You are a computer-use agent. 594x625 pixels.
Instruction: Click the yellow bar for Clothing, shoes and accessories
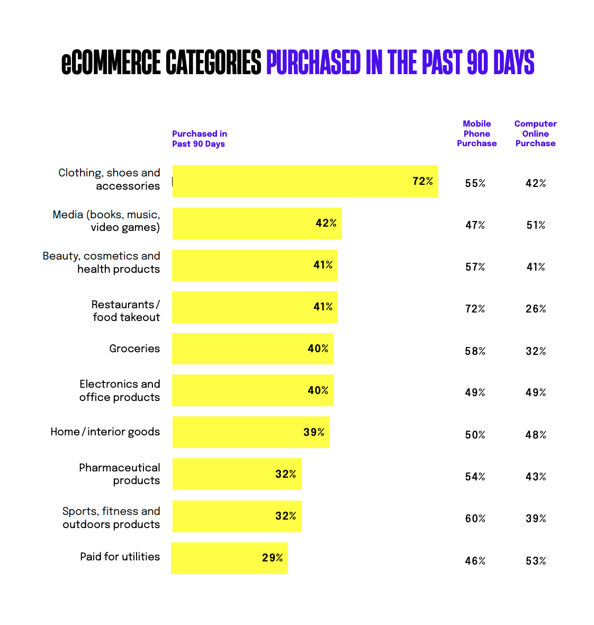click(305, 181)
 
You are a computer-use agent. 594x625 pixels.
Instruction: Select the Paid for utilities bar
click(229, 558)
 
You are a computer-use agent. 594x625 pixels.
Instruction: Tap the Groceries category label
click(134, 349)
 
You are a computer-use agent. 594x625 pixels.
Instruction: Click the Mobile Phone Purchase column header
click(476, 133)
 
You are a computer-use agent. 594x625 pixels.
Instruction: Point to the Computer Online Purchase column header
click(535, 133)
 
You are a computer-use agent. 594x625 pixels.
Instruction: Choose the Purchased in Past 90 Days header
click(200, 139)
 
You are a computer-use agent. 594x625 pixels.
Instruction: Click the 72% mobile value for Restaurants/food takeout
click(475, 309)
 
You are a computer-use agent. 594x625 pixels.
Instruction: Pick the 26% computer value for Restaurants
click(536, 309)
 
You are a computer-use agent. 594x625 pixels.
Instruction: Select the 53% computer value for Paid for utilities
click(536, 561)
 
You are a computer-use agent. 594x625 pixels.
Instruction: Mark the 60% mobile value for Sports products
click(475, 519)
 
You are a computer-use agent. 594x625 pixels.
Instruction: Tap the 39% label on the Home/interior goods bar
click(314, 432)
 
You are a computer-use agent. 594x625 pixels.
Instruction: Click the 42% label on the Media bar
click(326, 223)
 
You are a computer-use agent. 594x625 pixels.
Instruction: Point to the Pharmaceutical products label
click(120, 474)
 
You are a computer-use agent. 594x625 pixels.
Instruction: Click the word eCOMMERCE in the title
click(111, 63)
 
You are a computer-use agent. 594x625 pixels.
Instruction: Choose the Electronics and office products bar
click(253, 390)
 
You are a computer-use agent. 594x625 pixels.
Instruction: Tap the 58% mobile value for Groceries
click(475, 351)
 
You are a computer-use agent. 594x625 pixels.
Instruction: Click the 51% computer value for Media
click(536, 225)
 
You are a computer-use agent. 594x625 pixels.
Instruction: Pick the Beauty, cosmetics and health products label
click(102, 262)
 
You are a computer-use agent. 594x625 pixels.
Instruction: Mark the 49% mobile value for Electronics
click(475, 392)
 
